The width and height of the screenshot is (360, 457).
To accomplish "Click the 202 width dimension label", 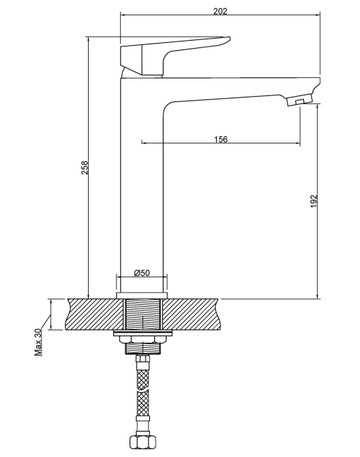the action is pyautogui.click(x=220, y=11).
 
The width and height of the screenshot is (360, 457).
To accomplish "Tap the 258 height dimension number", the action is pyautogui.click(x=84, y=167).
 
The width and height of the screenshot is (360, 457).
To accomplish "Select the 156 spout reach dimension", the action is pyautogui.click(x=221, y=139).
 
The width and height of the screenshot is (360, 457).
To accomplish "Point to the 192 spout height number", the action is pyautogui.click(x=313, y=201).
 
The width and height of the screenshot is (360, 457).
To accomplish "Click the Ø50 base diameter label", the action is pyautogui.click(x=142, y=273).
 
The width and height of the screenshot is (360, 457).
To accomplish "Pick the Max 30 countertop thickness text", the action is pyautogui.click(x=38, y=342).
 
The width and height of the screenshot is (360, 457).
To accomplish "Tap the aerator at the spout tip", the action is pyautogui.click(x=299, y=100).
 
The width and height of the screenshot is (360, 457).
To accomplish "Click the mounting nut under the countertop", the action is pyautogui.click(x=143, y=340).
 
